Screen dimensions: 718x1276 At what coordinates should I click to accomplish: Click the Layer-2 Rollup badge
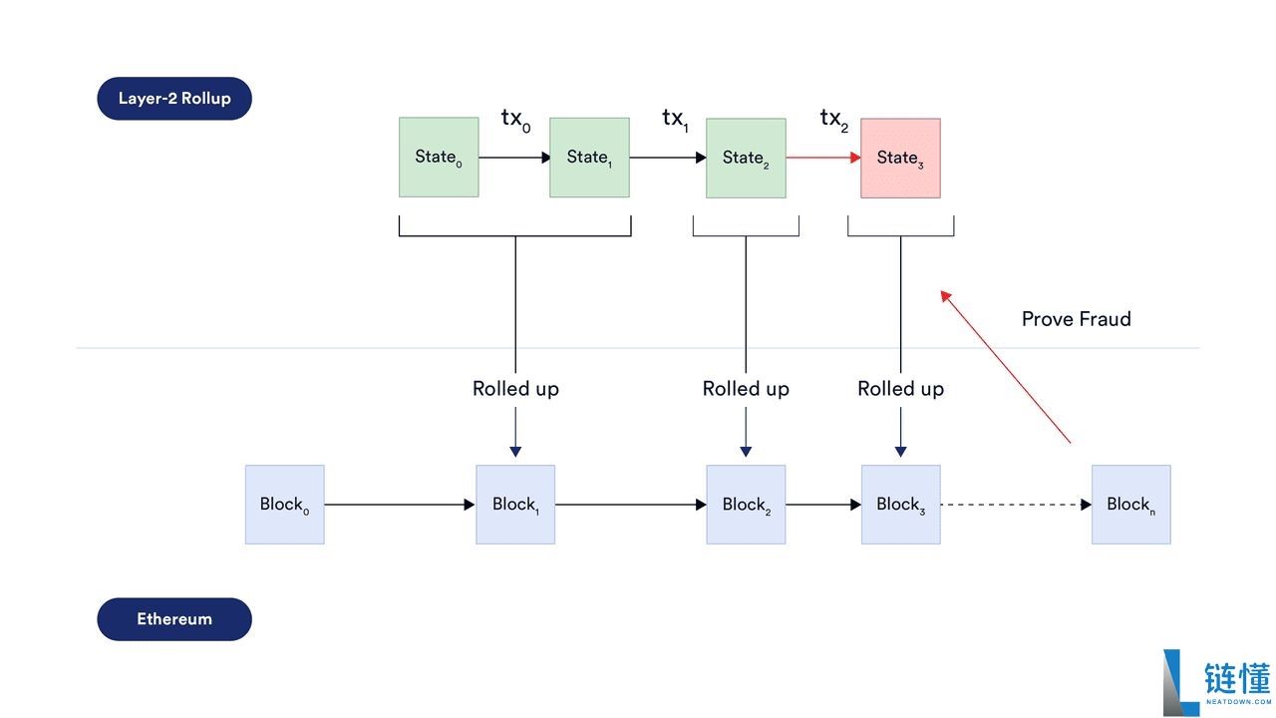click(174, 99)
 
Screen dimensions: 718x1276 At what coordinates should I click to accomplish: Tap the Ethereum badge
click(174, 619)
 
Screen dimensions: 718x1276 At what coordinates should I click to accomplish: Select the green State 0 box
click(439, 157)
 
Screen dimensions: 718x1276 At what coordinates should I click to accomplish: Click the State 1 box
click(589, 157)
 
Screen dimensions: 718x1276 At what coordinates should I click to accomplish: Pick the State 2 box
click(746, 158)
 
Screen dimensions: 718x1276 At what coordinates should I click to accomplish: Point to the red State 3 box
click(900, 158)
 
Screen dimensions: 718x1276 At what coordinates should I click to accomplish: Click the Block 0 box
click(285, 505)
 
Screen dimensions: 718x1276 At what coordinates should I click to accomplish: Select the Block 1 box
click(515, 505)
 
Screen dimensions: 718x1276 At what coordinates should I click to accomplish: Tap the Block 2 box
click(746, 505)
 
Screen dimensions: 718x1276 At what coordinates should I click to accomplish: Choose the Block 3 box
click(900, 505)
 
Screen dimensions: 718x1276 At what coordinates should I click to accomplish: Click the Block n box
click(1130, 505)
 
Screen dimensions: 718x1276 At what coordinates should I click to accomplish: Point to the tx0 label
click(515, 120)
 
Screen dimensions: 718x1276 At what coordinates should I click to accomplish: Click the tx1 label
click(675, 120)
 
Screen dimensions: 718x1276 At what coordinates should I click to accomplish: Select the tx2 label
click(833, 120)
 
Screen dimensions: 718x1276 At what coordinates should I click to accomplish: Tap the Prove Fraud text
click(1076, 319)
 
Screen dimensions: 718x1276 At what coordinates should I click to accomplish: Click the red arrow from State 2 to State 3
click(822, 158)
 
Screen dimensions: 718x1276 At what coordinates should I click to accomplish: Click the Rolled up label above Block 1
click(515, 389)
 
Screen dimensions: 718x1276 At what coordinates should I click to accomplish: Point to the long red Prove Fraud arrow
click(1007, 367)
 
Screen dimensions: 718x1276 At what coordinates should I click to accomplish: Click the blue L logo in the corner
click(1179, 682)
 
